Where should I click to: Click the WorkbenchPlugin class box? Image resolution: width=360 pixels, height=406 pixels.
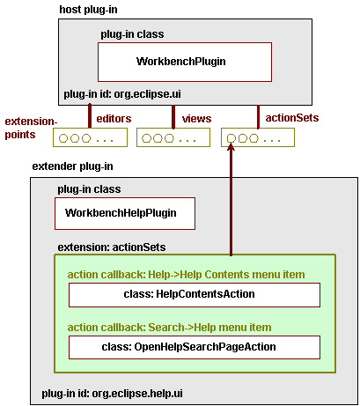click(x=184, y=62)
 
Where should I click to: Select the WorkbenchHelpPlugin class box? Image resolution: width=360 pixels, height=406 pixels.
click(x=124, y=213)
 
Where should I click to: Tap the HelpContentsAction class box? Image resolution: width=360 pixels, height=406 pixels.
click(x=194, y=295)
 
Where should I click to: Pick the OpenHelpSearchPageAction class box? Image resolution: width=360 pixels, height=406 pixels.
click(x=194, y=347)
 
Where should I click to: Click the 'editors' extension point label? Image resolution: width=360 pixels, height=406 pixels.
click(x=114, y=117)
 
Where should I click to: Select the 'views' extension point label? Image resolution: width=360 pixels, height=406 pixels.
click(x=196, y=117)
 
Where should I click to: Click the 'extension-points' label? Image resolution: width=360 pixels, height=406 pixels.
click(x=29, y=128)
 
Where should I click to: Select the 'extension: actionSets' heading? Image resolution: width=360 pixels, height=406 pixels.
click(x=112, y=247)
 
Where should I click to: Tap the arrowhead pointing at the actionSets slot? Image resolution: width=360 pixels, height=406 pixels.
click(x=231, y=146)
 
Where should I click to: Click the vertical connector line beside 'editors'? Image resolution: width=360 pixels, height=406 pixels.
click(x=90, y=117)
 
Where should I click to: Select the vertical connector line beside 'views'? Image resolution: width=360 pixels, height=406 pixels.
click(x=173, y=117)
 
